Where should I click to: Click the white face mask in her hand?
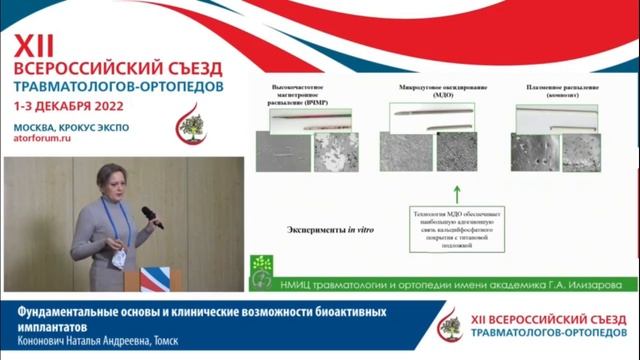tap(117, 257)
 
